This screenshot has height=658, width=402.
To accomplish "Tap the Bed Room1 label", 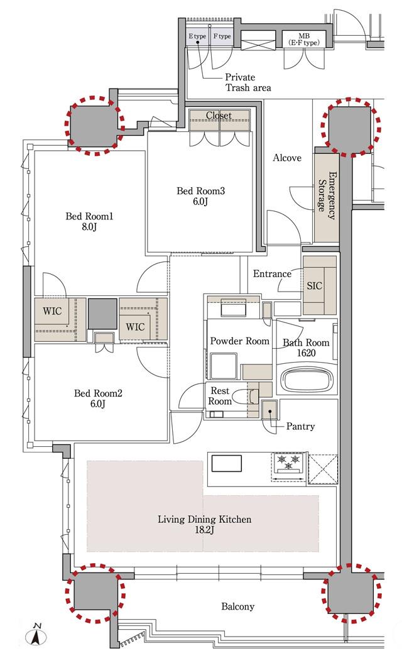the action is pos(89,222).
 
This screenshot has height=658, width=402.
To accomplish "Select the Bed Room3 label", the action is pos(200,196).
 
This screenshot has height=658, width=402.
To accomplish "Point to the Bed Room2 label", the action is pos(98,398).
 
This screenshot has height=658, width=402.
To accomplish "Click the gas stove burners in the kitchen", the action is pos(288,463).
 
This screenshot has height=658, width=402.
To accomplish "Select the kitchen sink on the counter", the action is pos(227,464).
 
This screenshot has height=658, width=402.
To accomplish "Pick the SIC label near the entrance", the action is pos(315,286).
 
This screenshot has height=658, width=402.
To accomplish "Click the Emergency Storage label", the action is pos(327,195).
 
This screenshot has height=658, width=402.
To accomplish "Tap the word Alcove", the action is pos(287,158).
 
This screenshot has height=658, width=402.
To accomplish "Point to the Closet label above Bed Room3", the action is pos(219,115).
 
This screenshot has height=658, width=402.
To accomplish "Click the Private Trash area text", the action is pos(248,82).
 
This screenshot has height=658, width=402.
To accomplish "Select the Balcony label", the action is pos(238,606).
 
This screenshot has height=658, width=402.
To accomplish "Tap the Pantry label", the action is pos(300,426).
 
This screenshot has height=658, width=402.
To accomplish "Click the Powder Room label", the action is pos(239,341).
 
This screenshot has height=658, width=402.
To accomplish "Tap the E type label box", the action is pos(197,36).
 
